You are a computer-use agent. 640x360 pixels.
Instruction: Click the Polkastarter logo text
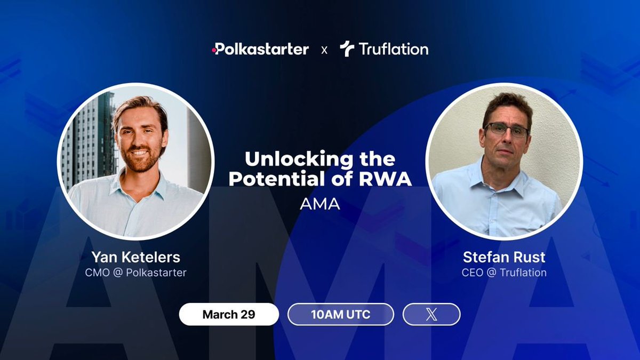click(x=262, y=50)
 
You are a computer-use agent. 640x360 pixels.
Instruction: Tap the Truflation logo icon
click(x=347, y=50)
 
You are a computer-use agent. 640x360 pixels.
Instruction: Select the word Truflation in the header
click(x=393, y=50)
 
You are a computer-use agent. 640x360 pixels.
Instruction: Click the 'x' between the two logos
click(x=324, y=50)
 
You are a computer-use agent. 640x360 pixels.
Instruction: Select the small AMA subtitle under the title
click(x=320, y=205)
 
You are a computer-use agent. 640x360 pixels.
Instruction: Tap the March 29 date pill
click(x=229, y=314)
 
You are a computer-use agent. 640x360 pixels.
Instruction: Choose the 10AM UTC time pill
click(x=340, y=314)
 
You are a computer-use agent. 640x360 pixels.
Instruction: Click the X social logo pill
click(x=431, y=314)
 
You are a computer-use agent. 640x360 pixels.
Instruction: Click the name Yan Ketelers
click(x=135, y=258)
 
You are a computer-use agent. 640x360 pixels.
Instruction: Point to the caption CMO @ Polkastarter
click(x=135, y=273)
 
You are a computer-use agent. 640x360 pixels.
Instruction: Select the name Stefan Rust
click(x=503, y=258)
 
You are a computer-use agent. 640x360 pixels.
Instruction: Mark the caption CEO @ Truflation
click(x=503, y=273)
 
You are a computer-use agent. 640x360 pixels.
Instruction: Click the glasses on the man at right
click(x=506, y=130)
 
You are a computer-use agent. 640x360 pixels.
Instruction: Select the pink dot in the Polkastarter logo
click(x=214, y=50)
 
